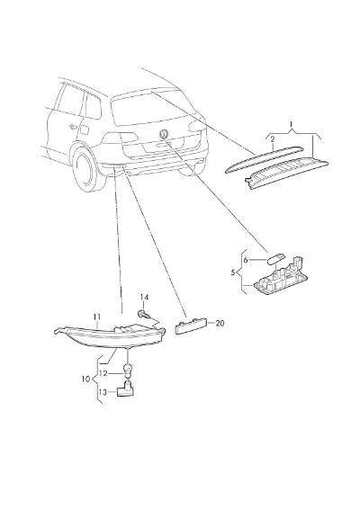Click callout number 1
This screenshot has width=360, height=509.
point(291,124)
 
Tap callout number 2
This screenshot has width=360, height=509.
point(273,139)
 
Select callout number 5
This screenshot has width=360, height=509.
point(232,272)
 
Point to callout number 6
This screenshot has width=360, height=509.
point(246,260)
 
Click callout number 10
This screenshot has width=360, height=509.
point(85,379)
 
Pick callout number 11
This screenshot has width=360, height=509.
point(97,317)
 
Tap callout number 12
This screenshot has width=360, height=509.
point(103,373)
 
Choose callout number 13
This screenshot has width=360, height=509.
point(103,392)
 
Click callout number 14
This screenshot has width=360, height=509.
point(144,297)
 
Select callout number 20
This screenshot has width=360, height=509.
point(220,324)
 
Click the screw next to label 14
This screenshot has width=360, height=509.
point(142,314)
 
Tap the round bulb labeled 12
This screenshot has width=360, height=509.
point(128,371)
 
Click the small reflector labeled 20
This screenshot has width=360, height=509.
point(191,326)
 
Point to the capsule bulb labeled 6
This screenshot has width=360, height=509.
point(275,258)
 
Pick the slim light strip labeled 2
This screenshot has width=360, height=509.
point(265,160)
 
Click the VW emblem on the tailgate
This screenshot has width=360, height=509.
point(164,134)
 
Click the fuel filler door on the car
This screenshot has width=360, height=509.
point(85,129)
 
